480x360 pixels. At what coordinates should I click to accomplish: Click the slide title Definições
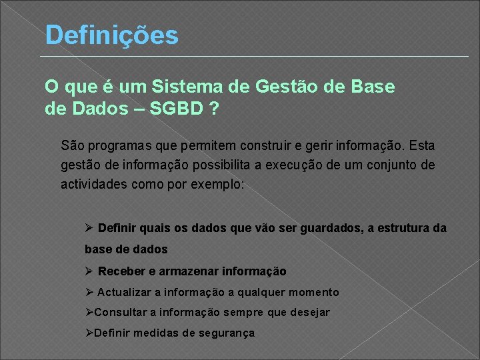coord(111,35)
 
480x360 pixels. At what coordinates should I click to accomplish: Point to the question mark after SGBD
coord(213,108)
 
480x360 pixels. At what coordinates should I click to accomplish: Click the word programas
coord(119,145)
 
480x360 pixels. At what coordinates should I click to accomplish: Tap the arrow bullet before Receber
coord(89,271)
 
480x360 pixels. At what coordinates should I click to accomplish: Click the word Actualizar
coord(125,292)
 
